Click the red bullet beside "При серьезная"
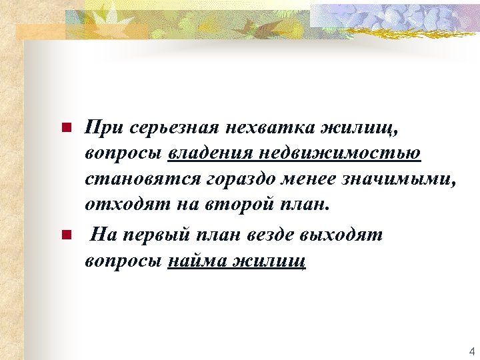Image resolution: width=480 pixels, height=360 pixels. [x=65, y=127]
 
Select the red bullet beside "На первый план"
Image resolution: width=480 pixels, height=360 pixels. [x=65, y=235]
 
